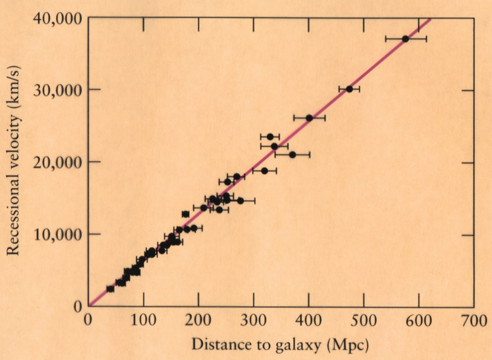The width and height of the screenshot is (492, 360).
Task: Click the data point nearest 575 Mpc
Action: [x=405, y=39]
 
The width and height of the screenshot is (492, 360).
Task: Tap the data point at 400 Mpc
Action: [x=309, y=118]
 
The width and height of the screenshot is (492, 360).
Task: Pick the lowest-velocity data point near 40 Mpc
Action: [x=110, y=289]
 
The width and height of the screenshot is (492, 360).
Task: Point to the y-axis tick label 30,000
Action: [x=58, y=90]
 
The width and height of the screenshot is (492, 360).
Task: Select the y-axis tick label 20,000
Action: [x=58, y=162]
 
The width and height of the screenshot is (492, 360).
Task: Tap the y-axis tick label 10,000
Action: [x=58, y=234]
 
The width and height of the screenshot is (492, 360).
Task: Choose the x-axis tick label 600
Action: [x=418, y=321]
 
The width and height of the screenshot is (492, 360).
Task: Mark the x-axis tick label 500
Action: [x=364, y=321]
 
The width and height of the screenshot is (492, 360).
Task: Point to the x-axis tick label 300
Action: [x=253, y=321]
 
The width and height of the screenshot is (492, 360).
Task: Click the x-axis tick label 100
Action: [x=143, y=321]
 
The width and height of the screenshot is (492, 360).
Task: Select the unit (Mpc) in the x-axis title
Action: [x=347, y=345]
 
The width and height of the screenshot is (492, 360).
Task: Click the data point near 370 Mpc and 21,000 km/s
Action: [x=292, y=155]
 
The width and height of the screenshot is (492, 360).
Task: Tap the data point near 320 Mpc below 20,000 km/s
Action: [x=264, y=171]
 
